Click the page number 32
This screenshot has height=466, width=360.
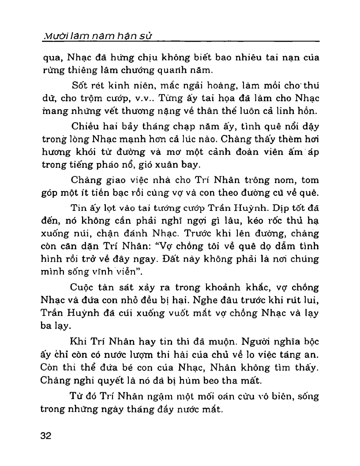tap(46, 436)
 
